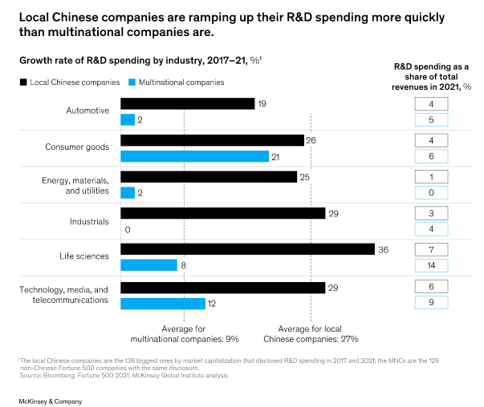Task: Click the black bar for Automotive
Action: click(187, 103)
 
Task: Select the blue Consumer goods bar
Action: click(194, 155)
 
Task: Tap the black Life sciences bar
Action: click(247, 249)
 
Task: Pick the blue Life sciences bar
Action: click(148, 264)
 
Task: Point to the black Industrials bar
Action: click(222, 212)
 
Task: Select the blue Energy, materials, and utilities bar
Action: click(128, 192)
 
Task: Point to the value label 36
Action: click(384, 249)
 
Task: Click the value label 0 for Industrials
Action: click(127, 228)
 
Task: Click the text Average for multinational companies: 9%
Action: click(184, 333)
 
